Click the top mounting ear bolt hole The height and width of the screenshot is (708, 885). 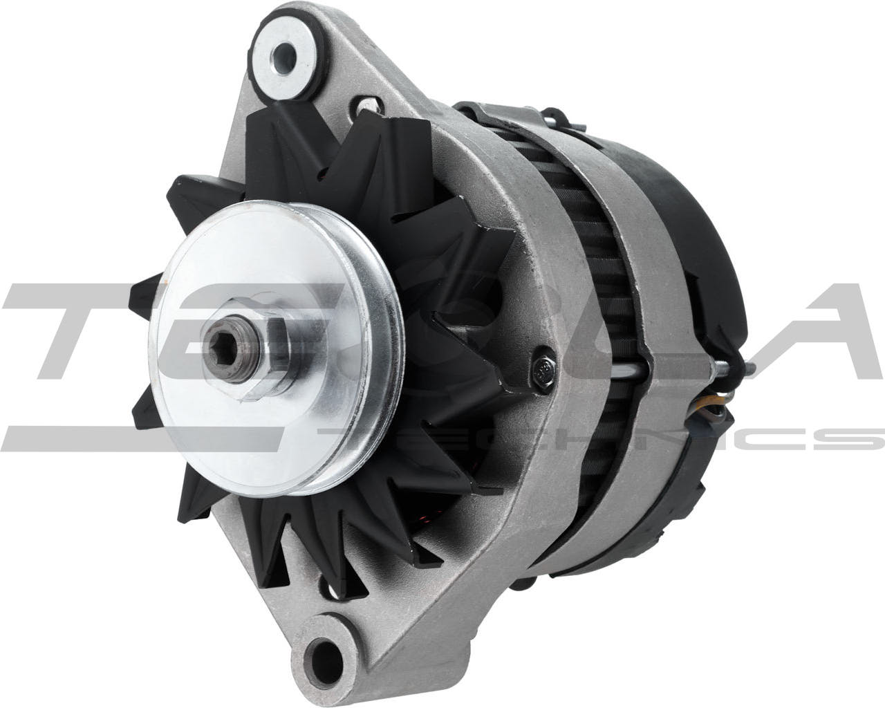pos(283,53)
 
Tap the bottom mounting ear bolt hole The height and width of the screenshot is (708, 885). pos(324,654)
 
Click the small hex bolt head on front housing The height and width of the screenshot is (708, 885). pos(543,369)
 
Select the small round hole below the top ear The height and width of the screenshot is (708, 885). pos(367,104)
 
